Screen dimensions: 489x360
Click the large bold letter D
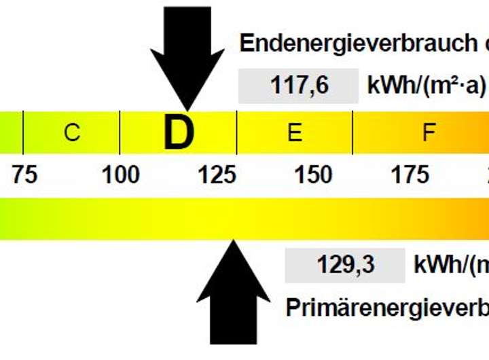(179, 133)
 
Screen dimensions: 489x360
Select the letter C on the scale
(71, 133)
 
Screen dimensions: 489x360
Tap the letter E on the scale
(294, 133)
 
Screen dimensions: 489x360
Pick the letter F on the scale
(428, 133)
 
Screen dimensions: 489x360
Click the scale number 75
(24, 175)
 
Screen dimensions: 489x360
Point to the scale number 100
(121, 175)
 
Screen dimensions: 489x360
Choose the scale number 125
(217, 175)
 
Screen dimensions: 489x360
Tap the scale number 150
(313, 175)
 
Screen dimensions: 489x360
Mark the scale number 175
(410, 175)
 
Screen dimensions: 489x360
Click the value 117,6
(299, 86)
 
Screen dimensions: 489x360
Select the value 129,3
(346, 265)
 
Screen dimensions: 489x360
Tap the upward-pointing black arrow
(234, 292)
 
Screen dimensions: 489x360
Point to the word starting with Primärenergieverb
(387, 307)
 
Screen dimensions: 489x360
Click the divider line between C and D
(120, 133)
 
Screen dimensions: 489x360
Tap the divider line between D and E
(236, 133)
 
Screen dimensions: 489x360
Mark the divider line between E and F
(352, 133)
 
